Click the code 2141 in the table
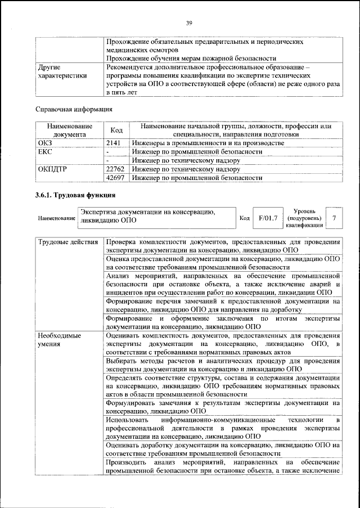click(x=114, y=143)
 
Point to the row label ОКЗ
click(x=46, y=143)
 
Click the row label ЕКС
click(x=46, y=152)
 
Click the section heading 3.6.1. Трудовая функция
click(x=75, y=196)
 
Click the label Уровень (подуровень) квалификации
click(x=304, y=218)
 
